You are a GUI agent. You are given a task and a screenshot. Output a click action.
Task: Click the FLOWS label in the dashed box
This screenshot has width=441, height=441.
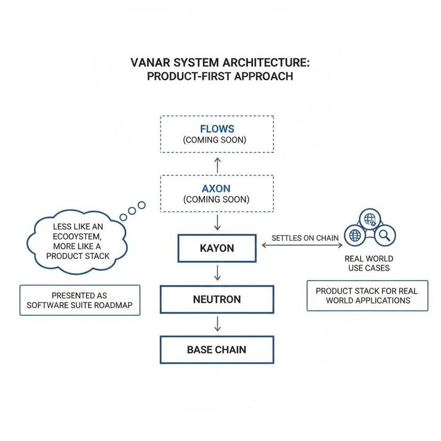coord(217,129)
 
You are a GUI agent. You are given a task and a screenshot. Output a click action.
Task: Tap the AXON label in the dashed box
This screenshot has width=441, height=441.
coord(216,189)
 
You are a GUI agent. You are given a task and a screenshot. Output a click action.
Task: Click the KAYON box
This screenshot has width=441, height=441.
coord(217,248)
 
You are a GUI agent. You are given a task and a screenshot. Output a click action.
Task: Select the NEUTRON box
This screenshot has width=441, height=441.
coord(217,299)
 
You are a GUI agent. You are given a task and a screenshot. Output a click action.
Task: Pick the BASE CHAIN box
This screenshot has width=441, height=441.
coord(217,350)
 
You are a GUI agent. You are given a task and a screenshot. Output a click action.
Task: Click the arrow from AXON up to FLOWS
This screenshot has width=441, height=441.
coord(217,164)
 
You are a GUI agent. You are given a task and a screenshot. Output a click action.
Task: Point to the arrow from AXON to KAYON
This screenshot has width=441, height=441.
coord(217,222)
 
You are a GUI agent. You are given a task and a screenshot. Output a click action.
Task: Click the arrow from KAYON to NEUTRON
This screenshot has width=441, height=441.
coord(217,273)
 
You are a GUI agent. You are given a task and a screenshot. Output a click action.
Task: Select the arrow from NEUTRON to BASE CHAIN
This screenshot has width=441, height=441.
coord(217,324)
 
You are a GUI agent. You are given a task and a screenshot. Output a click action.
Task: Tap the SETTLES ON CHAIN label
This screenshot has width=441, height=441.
coord(305,238)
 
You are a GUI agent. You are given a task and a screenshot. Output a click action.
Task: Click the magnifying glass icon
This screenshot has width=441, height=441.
coord(386,234)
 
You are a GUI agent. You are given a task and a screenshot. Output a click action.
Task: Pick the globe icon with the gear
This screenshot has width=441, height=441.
coord(370,218)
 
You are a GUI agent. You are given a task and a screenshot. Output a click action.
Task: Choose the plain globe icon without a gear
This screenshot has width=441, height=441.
coord(354,234)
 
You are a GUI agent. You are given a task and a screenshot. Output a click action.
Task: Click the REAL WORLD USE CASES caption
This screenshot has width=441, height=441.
coord(369,263)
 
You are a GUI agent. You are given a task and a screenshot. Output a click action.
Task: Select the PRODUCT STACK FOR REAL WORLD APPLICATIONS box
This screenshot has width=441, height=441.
coord(367,296)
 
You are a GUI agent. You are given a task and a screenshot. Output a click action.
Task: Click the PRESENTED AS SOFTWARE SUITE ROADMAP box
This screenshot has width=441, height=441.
coord(79,300)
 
